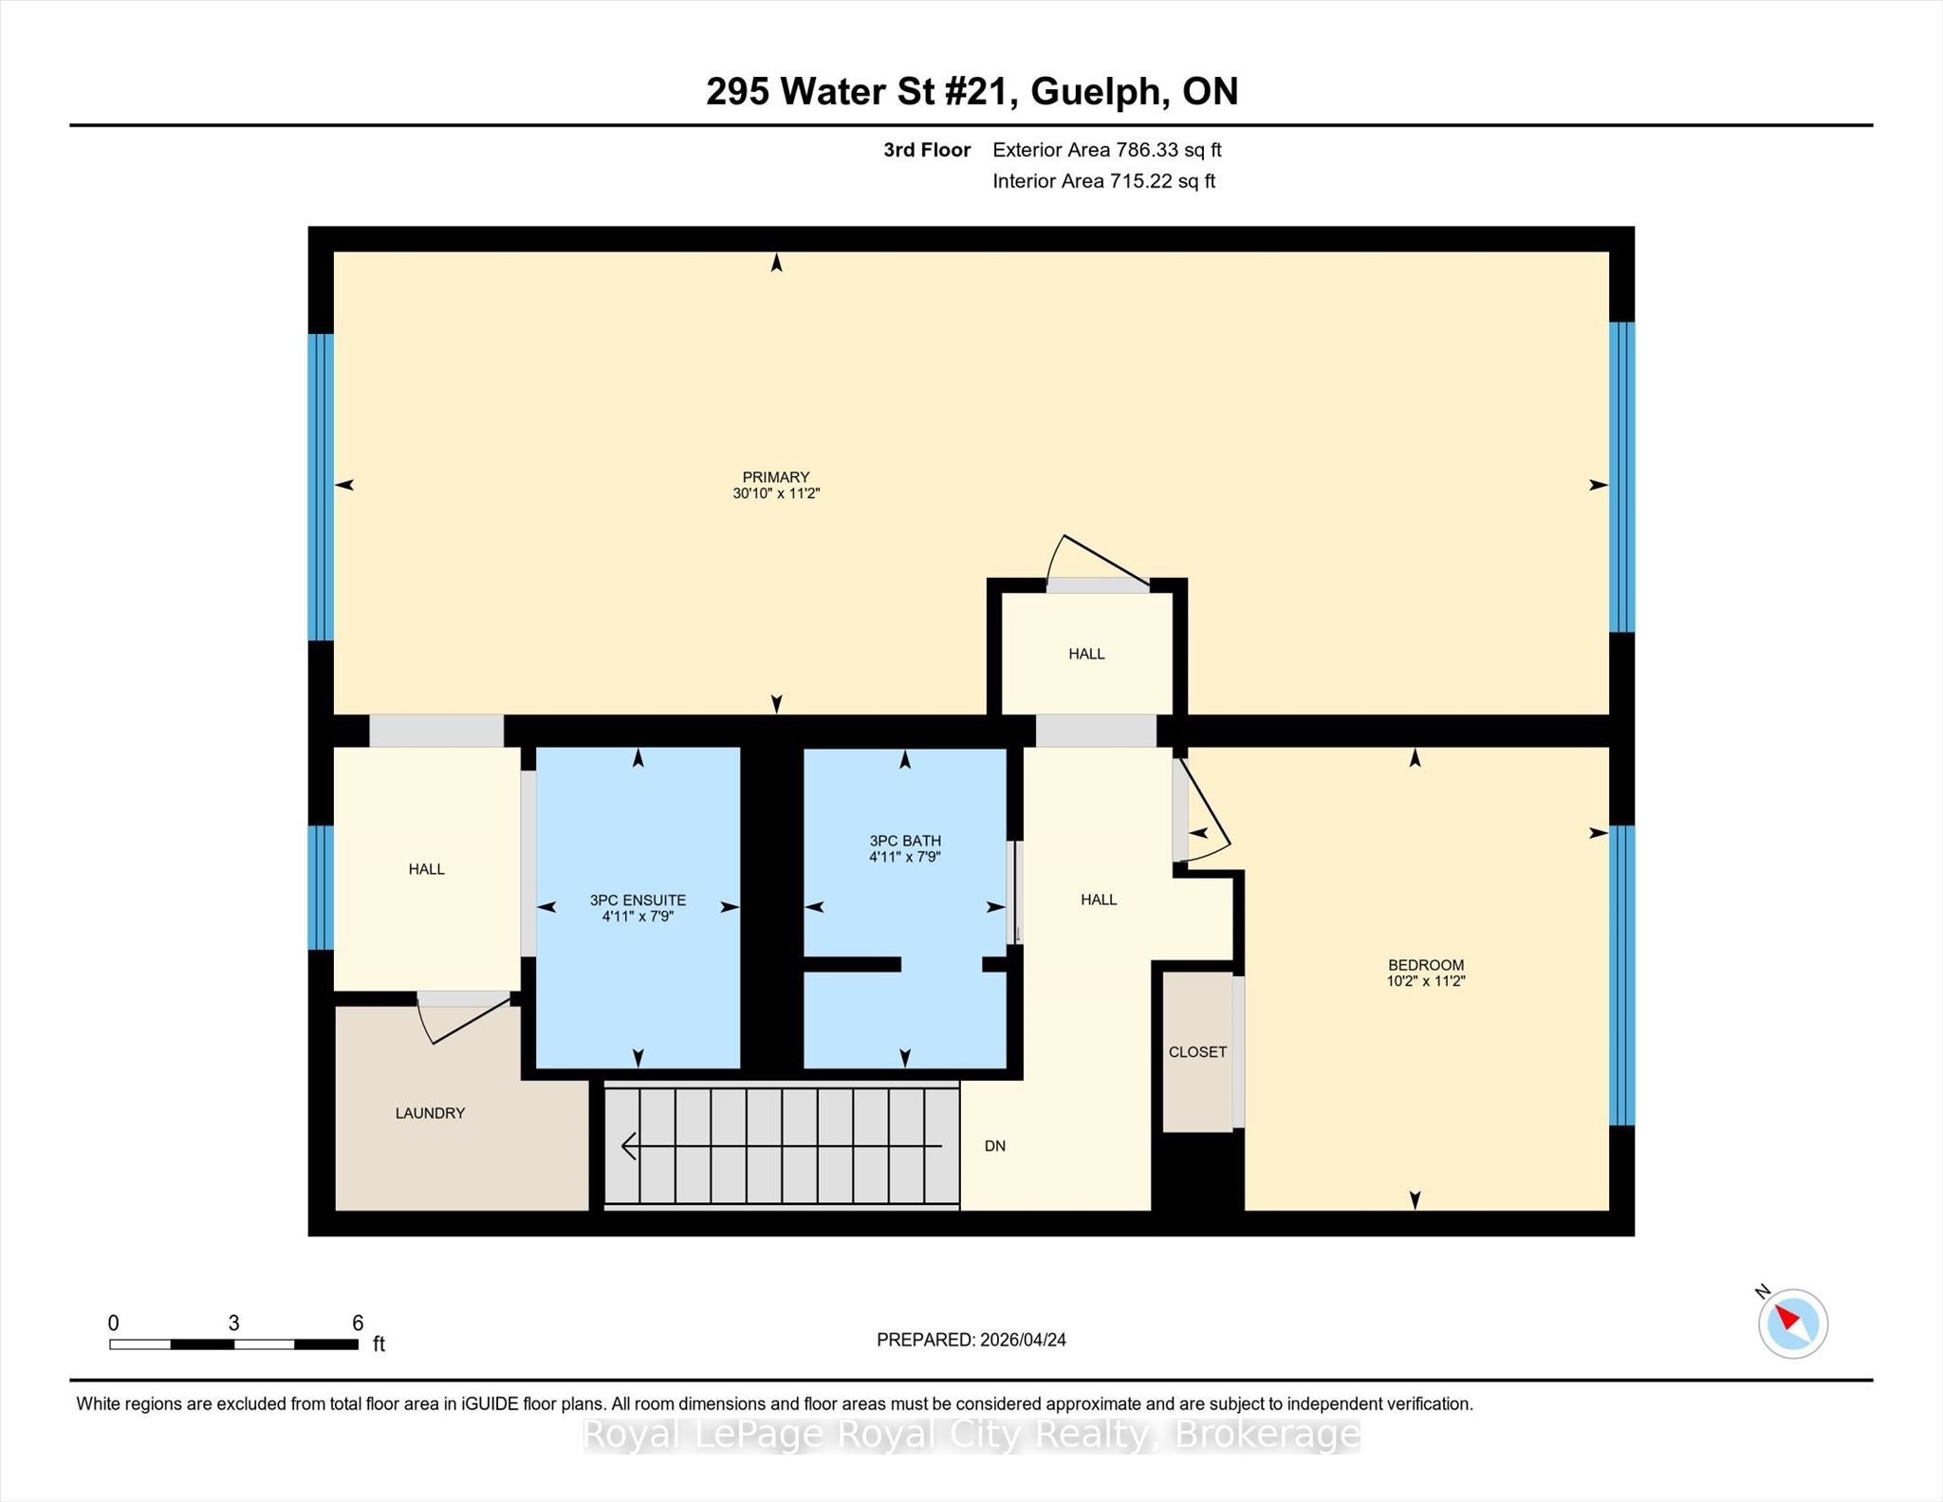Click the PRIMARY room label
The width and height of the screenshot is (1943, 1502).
[x=776, y=477]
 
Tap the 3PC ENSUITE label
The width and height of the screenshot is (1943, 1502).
[x=638, y=900]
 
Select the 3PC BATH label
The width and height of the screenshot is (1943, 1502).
[x=905, y=841]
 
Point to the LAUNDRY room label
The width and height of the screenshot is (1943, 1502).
[x=430, y=1113]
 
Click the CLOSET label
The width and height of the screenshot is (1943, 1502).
[x=1197, y=1052]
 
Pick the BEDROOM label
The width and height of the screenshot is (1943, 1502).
[x=1426, y=965]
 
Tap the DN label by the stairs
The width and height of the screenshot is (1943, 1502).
[x=994, y=1146]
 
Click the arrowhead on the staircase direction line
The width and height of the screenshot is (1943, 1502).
[x=628, y=1147]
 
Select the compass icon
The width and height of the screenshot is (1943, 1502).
[x=1793, y=1323]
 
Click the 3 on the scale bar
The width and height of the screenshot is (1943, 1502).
[x=233, y=1323]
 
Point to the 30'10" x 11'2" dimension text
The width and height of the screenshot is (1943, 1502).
[x=776, y=493]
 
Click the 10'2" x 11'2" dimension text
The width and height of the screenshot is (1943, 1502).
[x=1426, y=981]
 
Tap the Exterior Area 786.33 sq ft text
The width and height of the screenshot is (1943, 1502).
[x=1107, y=150]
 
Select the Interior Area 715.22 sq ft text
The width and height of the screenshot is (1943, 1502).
[x=1103, y=181]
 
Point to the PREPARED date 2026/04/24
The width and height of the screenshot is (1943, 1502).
[x=1023, y=1340]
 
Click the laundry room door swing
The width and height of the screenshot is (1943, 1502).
[x=465, y=1018]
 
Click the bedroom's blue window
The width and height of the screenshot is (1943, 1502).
[x=1622, y=975]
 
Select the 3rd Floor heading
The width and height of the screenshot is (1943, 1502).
[x=927, y=150]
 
